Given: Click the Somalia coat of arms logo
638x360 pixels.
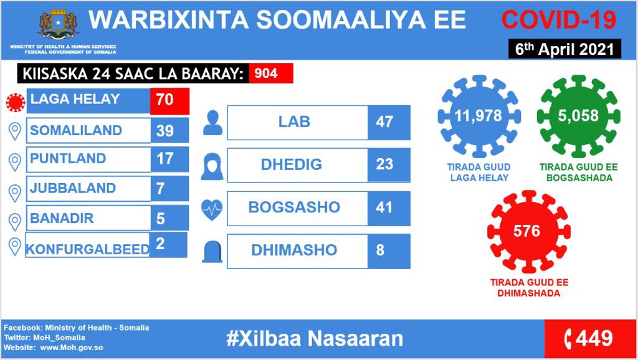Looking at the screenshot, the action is pyautogui.click(x=58, y=24).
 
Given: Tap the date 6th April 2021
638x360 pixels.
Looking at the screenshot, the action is pyautogui.click(x=564, y=49).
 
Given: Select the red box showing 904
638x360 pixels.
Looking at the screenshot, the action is pyautogui.click(x=271, y=73).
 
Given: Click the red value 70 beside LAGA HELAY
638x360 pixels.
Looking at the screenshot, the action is pyautogui.click(x=169, y=100).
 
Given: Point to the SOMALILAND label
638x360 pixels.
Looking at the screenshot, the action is pyautogui.click(x=76, y=130).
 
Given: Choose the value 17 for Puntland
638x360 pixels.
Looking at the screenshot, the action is pyautogui.click(x=164, y=158).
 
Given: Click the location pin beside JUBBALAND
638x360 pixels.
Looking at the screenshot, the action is pyautogui.click(x=15, y=194).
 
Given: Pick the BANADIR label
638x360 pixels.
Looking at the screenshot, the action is pyautogui.click(x=62, y=218).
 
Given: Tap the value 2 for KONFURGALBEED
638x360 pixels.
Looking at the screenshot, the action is pyautogui.click(x=160, y=244).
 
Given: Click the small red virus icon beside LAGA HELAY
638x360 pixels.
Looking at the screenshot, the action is pyautogui.click(x=16, y=102).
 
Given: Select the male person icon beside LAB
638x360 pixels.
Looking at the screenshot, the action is pyautogui.click(x=212, y=123).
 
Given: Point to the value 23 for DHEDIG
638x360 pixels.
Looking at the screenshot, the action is pyautogui.click(x=384, y=164).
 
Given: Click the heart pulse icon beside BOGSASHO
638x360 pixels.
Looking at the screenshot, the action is pyautogui.click(x=212, y=210).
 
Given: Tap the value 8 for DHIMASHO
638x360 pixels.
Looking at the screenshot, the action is pyautogui.click(x=380, y=250).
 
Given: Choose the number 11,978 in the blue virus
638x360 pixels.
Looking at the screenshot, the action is pyautogui.click(x=478, y=116).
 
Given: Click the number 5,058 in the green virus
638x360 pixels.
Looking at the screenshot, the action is pyautogui.click(x=578, y=116).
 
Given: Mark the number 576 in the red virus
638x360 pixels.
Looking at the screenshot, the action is pyautogui.click(x=527, y=231).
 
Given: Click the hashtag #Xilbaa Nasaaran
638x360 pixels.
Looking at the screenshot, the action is pyautogui.click(x=315, y=338).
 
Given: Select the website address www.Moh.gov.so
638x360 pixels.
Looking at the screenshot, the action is pyautogui.click(x=71, y=348).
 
